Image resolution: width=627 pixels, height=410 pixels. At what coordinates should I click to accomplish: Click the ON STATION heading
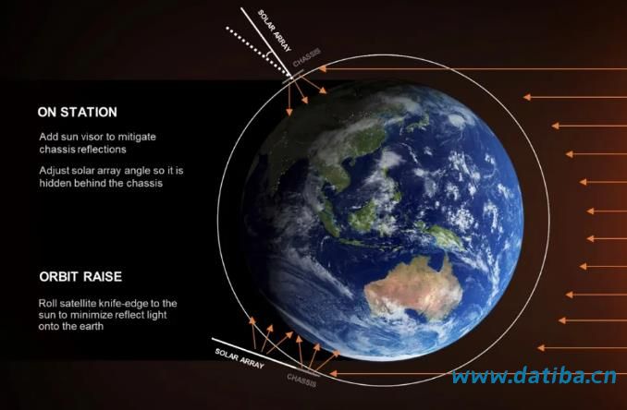[77, 112]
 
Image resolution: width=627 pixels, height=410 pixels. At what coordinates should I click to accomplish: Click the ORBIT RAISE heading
[80, 277]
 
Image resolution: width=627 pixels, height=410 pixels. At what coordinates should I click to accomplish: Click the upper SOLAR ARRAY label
[275, 31]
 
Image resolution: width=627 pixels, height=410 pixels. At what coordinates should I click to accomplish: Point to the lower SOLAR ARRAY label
[240, 358]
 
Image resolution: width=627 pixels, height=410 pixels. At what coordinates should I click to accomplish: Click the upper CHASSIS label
[307, 58]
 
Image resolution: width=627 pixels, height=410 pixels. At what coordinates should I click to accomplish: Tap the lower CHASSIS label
[301, 380]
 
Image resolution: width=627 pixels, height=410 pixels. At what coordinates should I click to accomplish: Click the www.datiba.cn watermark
[535, 376]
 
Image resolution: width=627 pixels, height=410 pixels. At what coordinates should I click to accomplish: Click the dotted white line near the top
[258, 51]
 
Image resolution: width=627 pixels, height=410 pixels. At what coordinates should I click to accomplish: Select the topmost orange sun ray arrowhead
[323, 69]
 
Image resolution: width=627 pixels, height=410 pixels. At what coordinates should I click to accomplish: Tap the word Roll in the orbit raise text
[46, 304]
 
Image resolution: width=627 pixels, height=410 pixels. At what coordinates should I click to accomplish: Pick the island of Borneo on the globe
[363, 217]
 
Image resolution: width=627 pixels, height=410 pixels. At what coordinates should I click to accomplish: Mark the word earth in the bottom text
[92, 327]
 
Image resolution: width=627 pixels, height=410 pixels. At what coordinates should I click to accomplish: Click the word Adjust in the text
[54, 171]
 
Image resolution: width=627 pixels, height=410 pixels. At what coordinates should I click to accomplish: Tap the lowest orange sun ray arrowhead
[333, 374]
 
